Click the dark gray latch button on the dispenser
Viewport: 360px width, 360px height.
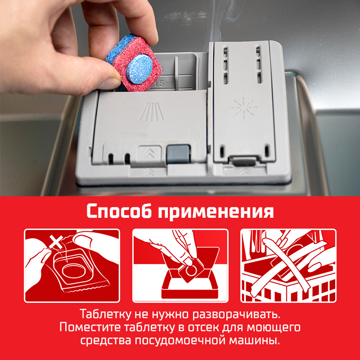(x=178, y=154)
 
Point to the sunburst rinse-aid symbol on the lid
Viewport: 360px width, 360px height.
(x=243, y=108)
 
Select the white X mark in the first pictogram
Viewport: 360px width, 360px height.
(x=56, y=242)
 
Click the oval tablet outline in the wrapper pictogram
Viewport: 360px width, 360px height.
(x=74, y=271)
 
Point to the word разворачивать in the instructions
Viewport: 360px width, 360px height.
(x=237, y=315)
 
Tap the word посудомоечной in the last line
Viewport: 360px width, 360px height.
(x=179, y=341)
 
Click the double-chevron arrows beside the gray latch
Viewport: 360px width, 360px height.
(x=149, y=152)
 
